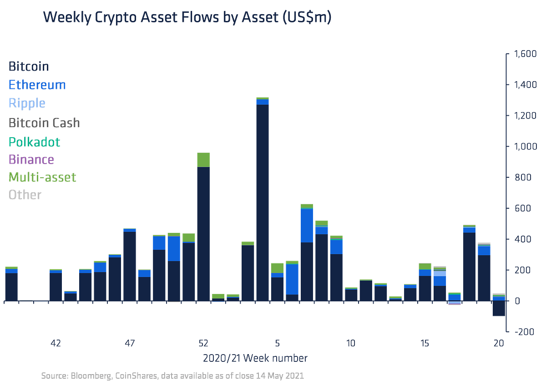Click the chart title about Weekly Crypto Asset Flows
click(187, 18)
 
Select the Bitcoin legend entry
click(28, 67)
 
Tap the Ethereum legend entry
click(37, 85)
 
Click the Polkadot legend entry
click(35, 141)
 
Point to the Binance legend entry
click(31, 160)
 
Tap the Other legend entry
click(25, 195)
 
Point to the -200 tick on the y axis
click(524, 332)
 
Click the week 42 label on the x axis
click(56, 343)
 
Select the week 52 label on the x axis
click(203, 343)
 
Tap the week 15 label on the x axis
click(425, 343)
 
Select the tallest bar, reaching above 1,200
click(263, 201)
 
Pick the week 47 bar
click(130, 264)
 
